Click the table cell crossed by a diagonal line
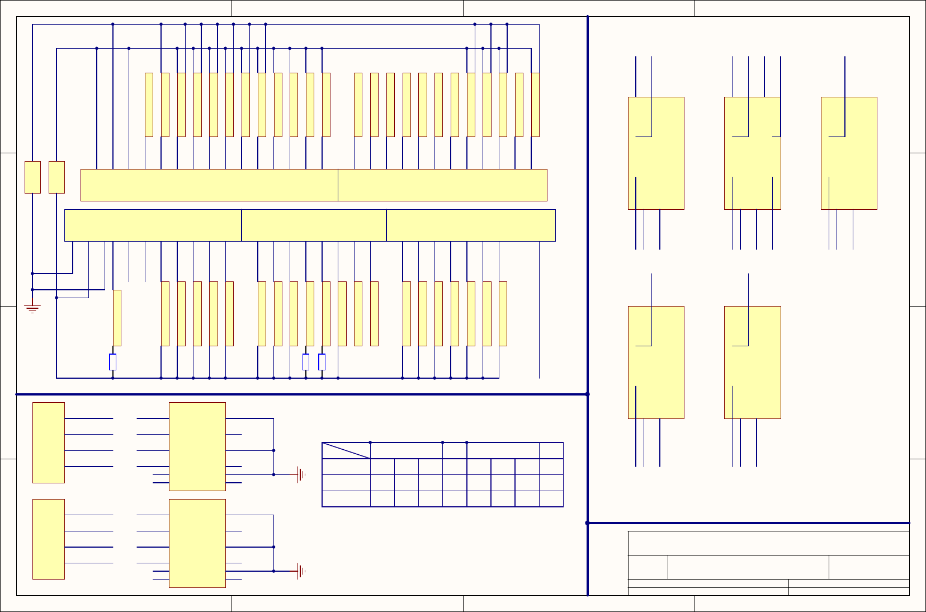click(346, 450)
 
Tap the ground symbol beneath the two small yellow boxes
click(32, 308)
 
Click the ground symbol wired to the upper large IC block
click(301, 474)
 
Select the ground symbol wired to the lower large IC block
click(301, 571)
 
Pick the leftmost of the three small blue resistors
click(113, 362)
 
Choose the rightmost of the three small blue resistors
click(322, 362)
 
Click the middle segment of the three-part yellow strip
click(314, 225)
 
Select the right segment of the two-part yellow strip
click(442, 185)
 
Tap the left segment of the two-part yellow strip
click(209, 185)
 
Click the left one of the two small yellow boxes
click(33, 177)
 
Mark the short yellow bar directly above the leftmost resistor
click(117, 318)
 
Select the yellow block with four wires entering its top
click(752, 153)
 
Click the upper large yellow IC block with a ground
click(197, 446)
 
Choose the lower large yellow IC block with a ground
click(197, 543)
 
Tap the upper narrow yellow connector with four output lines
click(49, 442)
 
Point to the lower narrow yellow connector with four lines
click(49, 539)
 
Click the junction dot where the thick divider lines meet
click(588, 394)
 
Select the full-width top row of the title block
click(768, 543)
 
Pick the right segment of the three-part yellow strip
click(471, 225)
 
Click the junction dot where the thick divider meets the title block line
click(588, 523)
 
